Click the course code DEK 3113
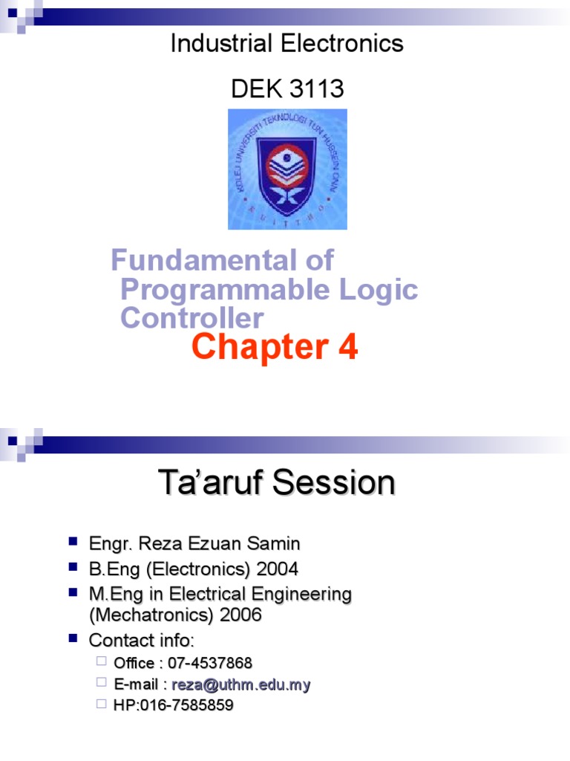(287, 89)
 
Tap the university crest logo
(286, 169)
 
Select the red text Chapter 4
(275, 348)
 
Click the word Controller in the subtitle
(191, 319)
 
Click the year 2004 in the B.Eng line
(277, 570)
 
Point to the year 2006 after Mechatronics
(240, 616)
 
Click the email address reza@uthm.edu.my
(241, 684)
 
